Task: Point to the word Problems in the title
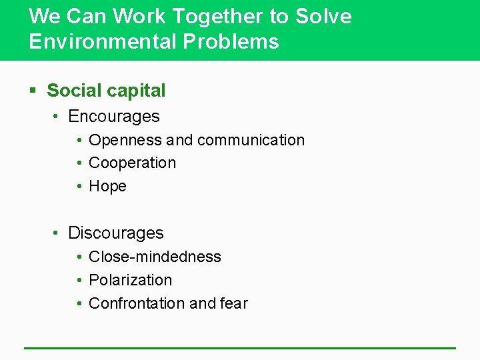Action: [x=231, y=41]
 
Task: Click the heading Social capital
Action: [x=106, y=90]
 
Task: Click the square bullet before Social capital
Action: [x=33, y=91]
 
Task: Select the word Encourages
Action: [x=114, y=116]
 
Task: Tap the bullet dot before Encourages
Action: [x=57, y=117]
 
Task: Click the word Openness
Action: [x=125, y=140]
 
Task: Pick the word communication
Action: [x=251, y=140]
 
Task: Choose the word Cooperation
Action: [x=132, y=163]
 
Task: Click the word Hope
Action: [x=107, y=186]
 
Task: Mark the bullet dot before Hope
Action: [x=79, y=187]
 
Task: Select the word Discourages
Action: [x=116, y=233]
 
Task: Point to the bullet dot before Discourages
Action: [x=57, y=233]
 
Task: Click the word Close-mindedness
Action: [x=155, y=257]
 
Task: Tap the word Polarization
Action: [x=130, y=280]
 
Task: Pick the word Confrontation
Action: [x=137, y=303]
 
